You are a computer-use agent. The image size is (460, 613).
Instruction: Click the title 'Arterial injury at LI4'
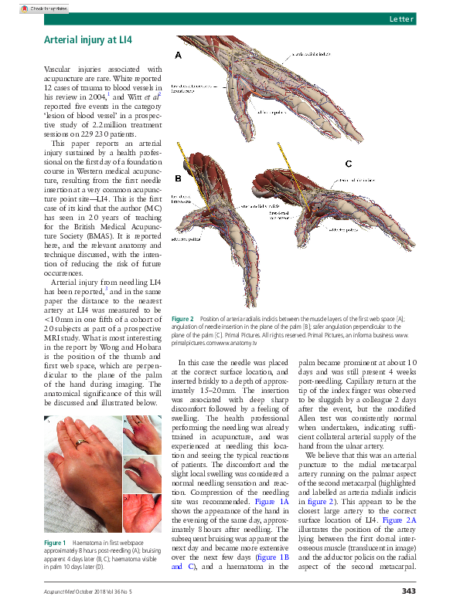coord(87,38)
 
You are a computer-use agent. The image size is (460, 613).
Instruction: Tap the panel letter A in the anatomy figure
coord(178,56)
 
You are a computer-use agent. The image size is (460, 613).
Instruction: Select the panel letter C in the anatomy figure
coord(348,164)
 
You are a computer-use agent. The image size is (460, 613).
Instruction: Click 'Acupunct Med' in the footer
coord(60,592)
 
